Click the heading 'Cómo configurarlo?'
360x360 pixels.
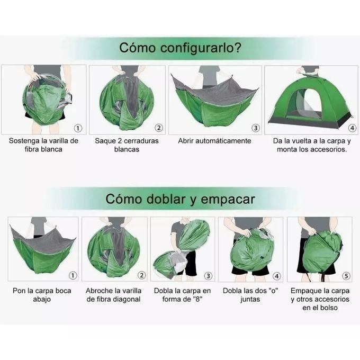click(x=180, y=48)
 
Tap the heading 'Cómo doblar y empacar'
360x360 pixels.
click(x=180, y=199)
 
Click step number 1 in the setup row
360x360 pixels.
click(x=78, y=128)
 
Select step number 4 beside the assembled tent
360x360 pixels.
click(x=352, y=128)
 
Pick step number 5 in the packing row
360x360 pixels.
click(x=346, y=276)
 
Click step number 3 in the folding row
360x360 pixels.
click(x=208, y=276)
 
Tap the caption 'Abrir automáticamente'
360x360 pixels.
click(x=214, y=141)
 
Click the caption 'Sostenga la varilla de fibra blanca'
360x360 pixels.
click(x=43, y=145)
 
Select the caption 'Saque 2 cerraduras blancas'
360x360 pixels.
click(x=127, y=145)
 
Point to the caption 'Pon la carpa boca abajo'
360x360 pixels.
click(x=42, y=295)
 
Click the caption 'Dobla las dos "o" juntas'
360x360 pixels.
click(x=250, y=295)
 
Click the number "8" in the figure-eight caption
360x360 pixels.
click(x=197, y=299)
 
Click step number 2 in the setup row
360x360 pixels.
click(x=159, y=128)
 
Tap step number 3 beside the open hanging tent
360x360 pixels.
click(x=256, y=128)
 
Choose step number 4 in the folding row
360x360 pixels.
click(x=277, y=276)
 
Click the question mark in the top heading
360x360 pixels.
click(x=238, y=47)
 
